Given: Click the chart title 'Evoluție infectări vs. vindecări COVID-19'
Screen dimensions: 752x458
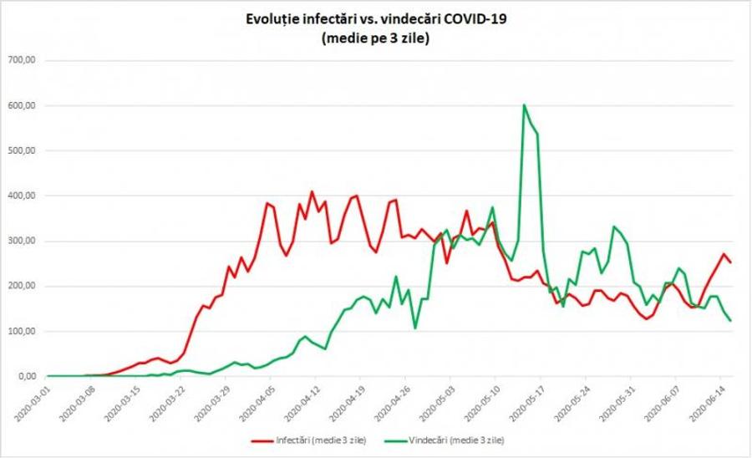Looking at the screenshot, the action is point(376,19).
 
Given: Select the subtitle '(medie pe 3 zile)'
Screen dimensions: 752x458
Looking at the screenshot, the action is point(375,38).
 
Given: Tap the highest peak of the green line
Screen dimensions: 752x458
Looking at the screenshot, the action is point(524,104).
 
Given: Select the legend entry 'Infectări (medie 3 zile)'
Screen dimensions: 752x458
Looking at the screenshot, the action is point(309,440).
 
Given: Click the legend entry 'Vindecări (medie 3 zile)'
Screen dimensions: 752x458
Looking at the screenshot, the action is point(445,440).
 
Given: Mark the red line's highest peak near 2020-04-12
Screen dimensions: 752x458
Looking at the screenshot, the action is point(312,191).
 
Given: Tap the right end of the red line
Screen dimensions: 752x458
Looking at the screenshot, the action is point(730,262).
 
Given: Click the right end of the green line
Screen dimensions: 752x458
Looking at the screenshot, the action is point(730,320).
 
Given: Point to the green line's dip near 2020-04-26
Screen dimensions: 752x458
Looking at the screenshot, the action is point(414,328).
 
